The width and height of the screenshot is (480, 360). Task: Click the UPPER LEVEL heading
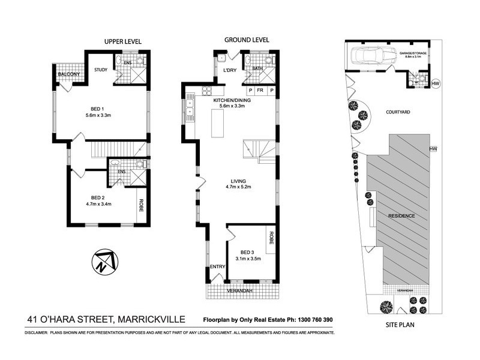123,41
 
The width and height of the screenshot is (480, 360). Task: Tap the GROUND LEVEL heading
247,40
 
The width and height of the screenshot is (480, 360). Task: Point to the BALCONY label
69,74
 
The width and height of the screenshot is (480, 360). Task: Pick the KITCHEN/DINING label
232,101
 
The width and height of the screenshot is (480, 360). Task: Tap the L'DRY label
230,71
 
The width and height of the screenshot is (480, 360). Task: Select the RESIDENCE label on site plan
401,215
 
